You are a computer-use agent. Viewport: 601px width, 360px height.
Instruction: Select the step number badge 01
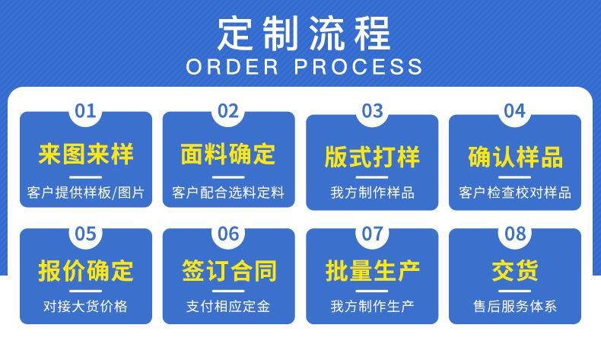pos(85,111)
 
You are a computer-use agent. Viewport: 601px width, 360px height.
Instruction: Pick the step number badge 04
pos(515,111)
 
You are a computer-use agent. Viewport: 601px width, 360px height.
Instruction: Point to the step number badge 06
pos(228,234)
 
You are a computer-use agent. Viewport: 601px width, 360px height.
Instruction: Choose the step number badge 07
pos(372,234)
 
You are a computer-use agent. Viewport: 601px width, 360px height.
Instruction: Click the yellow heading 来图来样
pos(85,155)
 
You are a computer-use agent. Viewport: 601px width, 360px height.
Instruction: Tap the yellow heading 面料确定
pos(228,155)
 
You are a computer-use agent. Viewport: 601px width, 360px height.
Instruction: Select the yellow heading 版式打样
pos(372,158)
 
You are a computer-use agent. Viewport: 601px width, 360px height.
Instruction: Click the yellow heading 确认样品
pos(515,158)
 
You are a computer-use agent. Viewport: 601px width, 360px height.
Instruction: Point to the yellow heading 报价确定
pos(85,270)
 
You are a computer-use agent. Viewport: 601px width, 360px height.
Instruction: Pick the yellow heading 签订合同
pos(228,270)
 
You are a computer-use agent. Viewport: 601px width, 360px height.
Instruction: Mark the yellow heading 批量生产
pos(372,270)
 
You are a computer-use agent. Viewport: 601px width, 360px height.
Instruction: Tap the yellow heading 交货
pos(515,270)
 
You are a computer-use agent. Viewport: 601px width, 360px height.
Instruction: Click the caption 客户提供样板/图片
pos(85,193)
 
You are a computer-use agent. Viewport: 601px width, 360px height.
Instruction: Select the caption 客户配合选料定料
pos(228,193)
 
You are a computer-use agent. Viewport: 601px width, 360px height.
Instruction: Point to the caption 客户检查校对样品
pos(515,193)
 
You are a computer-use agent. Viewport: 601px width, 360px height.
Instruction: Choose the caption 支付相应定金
pos(228,307)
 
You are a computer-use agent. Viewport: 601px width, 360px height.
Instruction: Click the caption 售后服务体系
pos(515,307)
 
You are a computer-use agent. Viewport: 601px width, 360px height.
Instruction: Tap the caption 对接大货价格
pos(85,307)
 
